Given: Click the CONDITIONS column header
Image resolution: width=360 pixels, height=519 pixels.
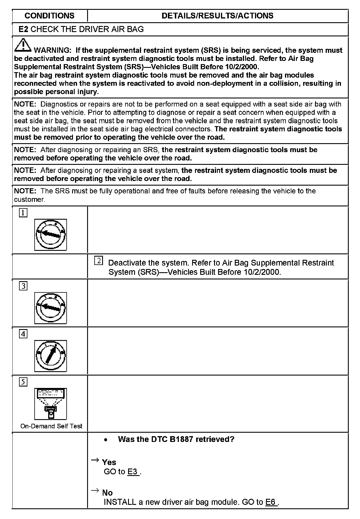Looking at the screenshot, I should point(50,16).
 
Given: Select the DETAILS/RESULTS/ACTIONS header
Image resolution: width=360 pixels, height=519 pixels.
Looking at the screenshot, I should point(217,16).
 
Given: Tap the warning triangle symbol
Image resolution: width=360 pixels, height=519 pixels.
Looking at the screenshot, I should point(23,45).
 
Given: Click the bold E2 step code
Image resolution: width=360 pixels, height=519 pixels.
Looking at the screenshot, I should point(23,29).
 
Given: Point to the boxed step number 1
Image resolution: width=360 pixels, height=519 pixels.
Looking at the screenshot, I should point(23,213).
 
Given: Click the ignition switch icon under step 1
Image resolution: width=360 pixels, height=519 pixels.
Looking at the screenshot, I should point(50,234).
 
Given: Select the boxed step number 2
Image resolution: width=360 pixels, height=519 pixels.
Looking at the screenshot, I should point(98,261).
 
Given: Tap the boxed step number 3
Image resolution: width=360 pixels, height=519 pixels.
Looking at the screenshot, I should point(23,286).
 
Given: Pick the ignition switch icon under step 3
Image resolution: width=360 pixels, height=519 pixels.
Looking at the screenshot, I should point(50,308).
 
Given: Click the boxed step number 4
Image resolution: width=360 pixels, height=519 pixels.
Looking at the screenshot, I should point(23,334).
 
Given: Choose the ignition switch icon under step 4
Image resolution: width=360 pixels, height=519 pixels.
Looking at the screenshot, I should point(50,356).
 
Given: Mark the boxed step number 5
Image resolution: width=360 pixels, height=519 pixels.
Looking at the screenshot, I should point(23,382).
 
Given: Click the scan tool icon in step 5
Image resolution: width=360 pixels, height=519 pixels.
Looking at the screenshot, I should point(50,404).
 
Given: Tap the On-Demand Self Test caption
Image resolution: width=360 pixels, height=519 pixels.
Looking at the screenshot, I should point(51,426).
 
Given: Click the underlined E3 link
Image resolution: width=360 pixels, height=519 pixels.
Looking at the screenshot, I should point(133,472).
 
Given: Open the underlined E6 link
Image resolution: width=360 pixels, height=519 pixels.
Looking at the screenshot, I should point(271,502).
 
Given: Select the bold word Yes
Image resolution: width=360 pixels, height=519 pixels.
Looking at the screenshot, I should point(109,462).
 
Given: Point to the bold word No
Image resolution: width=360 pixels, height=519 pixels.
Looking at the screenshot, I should point(107,492).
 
